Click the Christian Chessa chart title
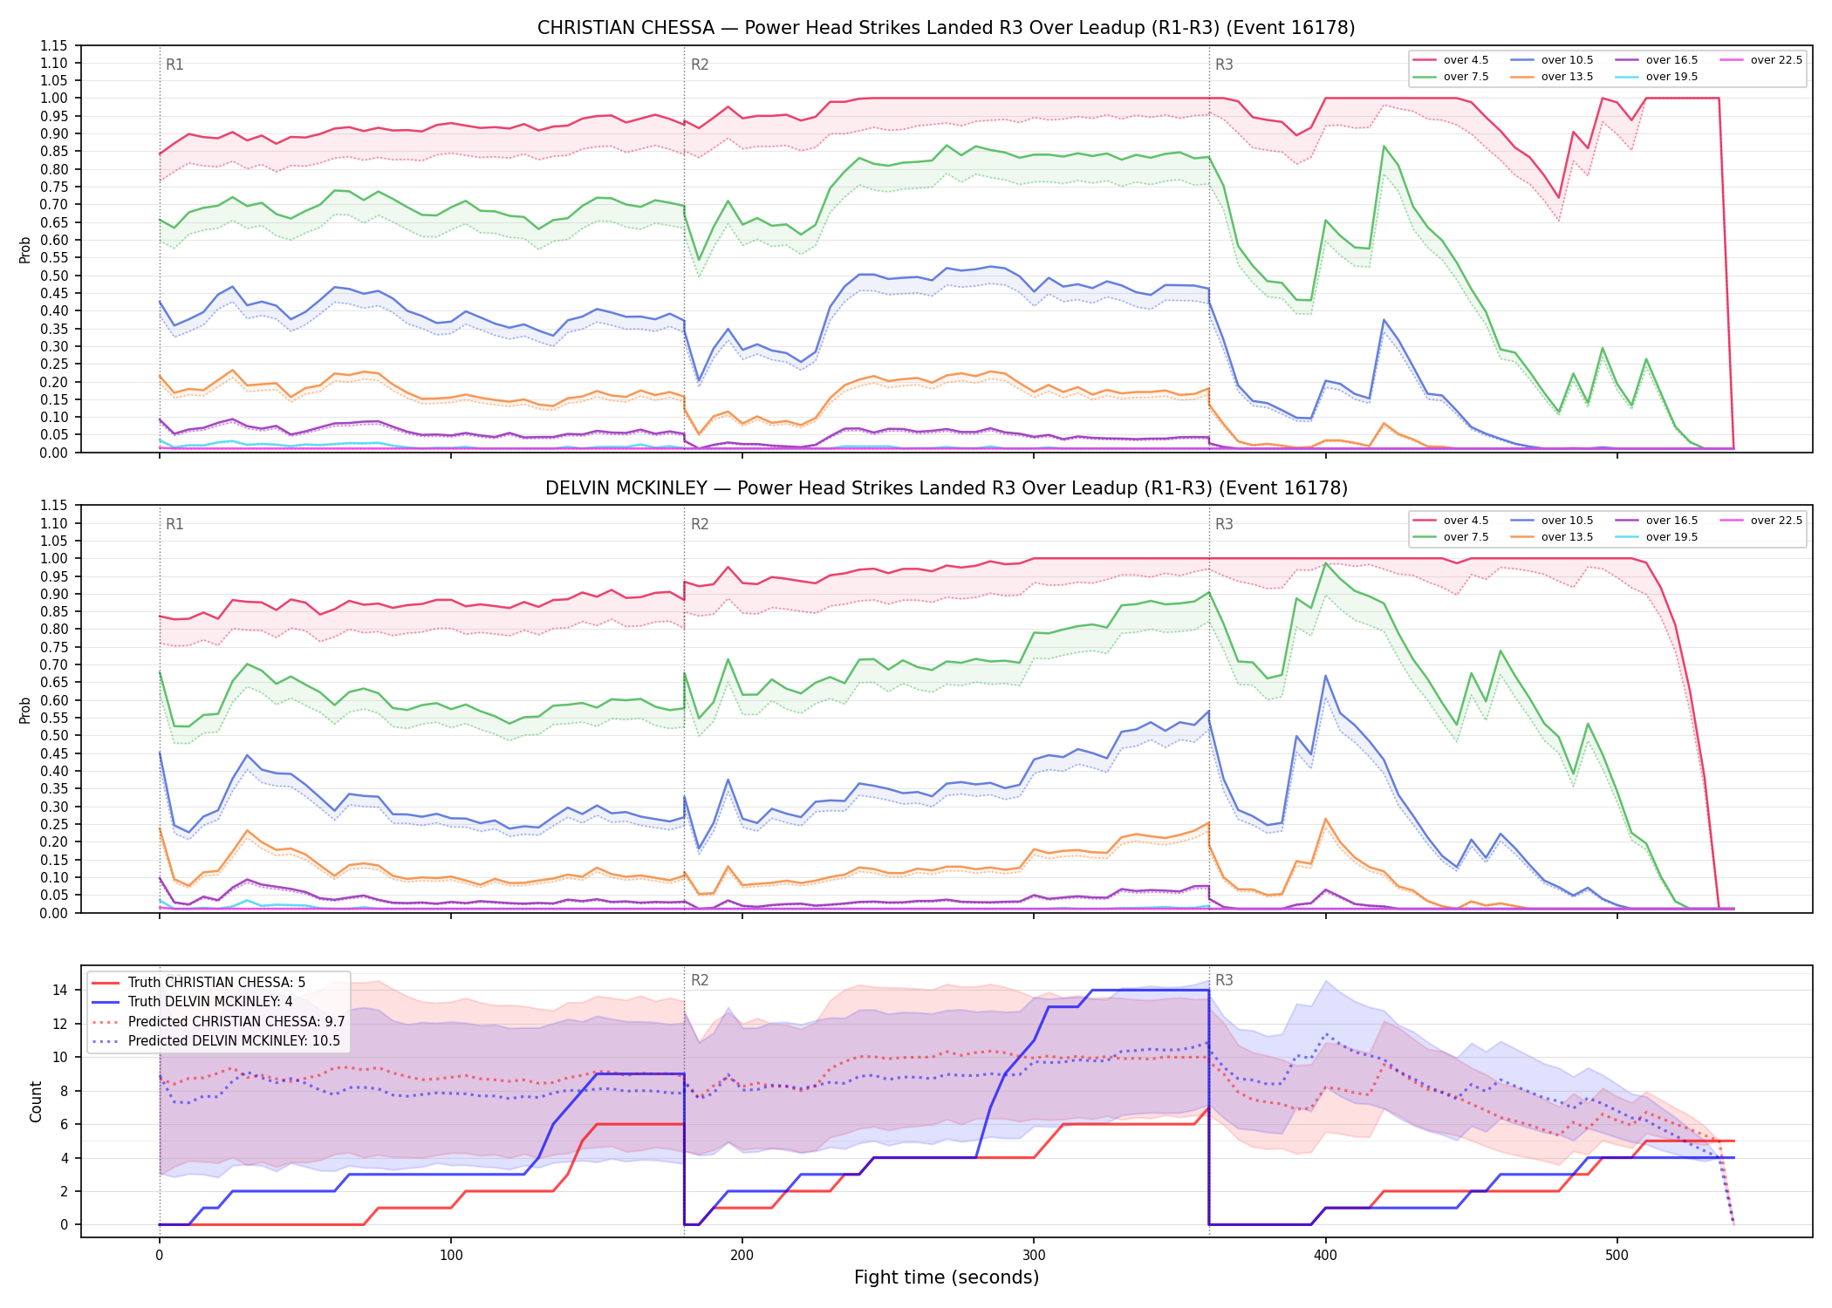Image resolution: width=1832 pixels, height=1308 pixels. tap(946, 28)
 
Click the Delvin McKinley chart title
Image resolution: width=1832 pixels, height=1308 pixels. tap(946, 488)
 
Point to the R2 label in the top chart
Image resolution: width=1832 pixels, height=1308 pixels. tap(700, 65)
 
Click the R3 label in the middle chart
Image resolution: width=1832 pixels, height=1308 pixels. tap(1224, 524)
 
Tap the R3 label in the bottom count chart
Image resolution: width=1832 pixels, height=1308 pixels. tap(1224, 980)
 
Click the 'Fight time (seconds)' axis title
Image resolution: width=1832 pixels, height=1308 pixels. tap(947, 1277)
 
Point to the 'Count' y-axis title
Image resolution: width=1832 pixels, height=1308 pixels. tap(37, 1102)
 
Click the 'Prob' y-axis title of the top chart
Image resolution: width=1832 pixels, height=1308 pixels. tap(25, 249)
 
